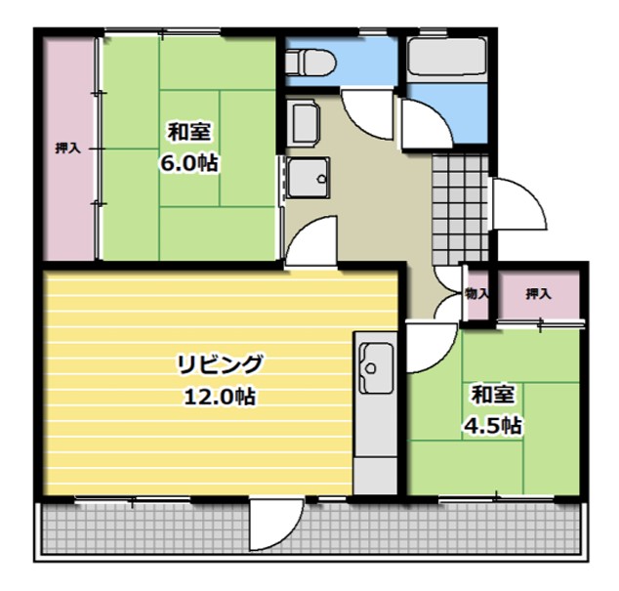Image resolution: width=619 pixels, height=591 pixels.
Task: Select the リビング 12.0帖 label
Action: coord(220,380)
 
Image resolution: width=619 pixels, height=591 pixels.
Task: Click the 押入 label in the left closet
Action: coord(67,148)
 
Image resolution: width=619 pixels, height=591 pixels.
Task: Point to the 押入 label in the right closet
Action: coord(539,293)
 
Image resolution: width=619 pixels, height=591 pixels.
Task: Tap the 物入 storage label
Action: coord(477,293)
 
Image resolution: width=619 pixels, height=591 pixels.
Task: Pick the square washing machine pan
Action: coord(308,179)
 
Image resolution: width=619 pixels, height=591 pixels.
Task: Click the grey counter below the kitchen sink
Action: coord(373,440)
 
